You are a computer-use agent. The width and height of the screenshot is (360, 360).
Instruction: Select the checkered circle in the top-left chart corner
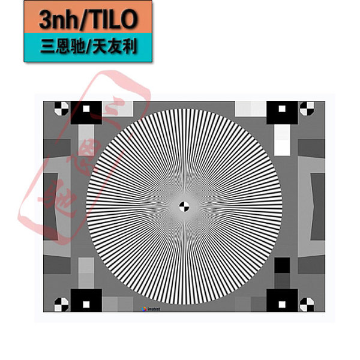click(61, 109)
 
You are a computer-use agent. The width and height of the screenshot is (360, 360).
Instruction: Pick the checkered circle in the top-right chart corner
click(307, 109)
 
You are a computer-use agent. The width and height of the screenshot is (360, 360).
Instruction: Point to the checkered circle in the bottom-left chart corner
click(61, 304)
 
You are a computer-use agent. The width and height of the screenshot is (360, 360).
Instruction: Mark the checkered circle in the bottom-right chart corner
click(307, 304)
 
